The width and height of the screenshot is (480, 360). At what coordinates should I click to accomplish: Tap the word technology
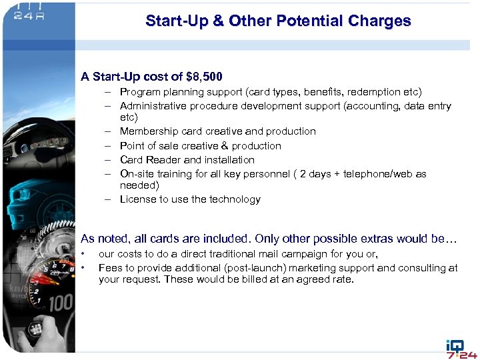(235, 199)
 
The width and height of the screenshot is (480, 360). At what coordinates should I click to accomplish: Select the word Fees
(110, 268)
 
